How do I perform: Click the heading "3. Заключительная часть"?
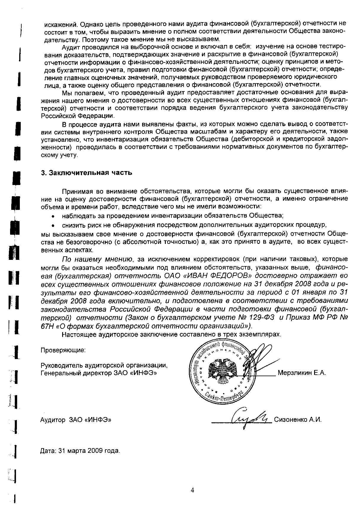[86, 173]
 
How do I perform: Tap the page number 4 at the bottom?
[192, 490]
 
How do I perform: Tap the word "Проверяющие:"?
[63, 350]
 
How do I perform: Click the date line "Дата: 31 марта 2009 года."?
[80, 451]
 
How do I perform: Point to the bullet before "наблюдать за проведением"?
[53, 215]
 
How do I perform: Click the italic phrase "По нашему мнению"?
[97, 260]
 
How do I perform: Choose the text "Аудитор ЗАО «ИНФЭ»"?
[75, 420]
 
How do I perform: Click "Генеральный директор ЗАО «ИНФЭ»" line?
[99, 373]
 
